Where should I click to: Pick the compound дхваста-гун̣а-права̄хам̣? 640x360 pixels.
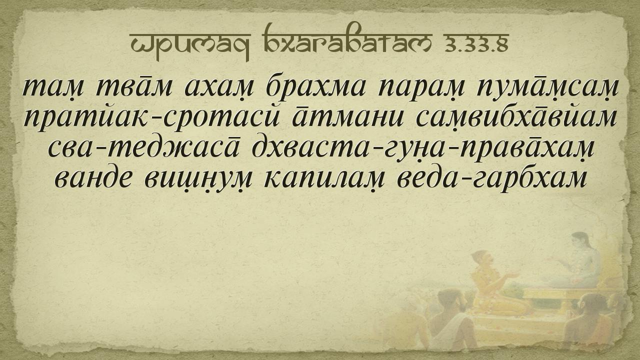coord(423,149)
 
